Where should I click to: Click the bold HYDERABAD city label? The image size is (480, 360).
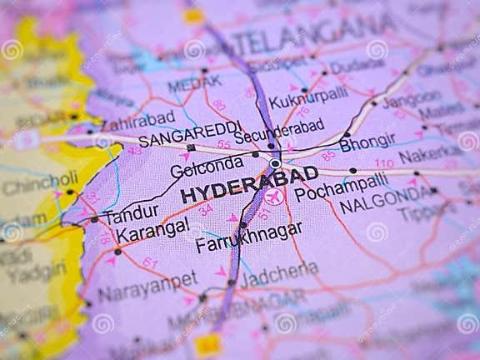point(249,184)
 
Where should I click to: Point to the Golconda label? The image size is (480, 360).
point(206,167)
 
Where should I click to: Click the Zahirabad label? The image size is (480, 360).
point(138,119)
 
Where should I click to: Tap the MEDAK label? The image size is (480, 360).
point(194,83)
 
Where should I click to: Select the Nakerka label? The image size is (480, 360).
point(430,156)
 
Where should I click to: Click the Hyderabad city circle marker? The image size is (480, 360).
point(275,164)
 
